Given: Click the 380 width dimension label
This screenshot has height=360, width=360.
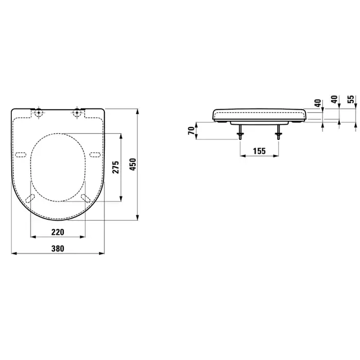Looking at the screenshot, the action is coord(58,248).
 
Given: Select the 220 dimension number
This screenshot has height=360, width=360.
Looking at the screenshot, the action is coord(58,232).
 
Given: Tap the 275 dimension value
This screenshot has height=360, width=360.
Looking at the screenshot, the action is coord(116,167).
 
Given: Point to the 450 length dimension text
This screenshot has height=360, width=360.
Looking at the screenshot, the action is coord(133,165).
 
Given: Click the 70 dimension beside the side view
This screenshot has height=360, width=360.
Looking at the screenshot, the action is coord(191,131).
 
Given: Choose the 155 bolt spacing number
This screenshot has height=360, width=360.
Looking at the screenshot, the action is coord(259,151).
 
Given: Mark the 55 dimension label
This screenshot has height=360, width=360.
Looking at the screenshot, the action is coord(351,99).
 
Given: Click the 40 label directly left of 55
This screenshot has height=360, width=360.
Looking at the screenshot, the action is coord(335,99).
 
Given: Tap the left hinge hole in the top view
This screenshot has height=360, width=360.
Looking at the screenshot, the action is coord(39,113).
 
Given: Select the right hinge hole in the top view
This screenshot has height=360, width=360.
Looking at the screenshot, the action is coord(77,113).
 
